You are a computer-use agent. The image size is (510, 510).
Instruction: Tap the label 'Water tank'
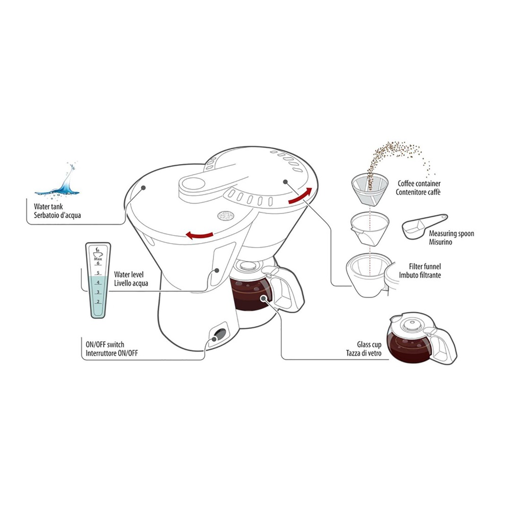coord(49,207)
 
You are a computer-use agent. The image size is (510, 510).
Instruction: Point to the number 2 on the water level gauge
coord(98,301)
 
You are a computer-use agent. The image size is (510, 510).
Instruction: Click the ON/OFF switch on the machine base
coord(218,336)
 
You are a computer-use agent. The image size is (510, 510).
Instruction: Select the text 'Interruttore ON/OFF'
coord(112,353)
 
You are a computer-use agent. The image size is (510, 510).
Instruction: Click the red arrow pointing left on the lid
coord(198,235)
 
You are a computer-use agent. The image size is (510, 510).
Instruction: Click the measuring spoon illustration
coord(423,226)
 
